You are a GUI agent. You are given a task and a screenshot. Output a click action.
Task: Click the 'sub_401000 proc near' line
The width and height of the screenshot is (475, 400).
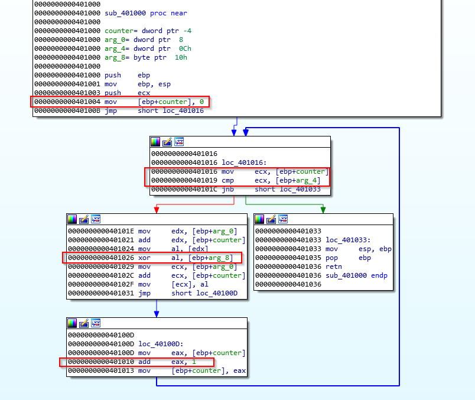point(138,13)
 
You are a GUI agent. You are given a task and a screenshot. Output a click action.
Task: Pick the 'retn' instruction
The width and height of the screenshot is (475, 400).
point(333,266)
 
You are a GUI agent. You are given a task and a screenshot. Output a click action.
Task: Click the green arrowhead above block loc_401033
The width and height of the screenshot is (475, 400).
point(323,209)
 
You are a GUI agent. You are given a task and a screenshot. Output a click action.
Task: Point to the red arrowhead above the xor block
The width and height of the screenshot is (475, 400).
point(156,209)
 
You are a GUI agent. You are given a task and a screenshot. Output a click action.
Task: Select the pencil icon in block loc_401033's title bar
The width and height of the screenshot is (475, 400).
point(271,219)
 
